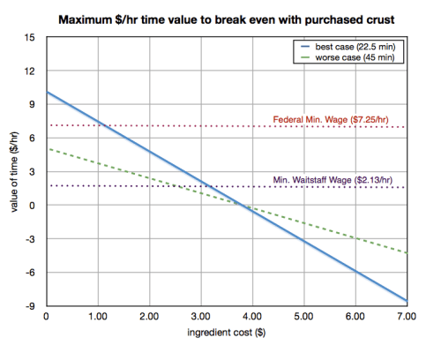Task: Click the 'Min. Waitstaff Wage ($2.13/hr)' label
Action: click(339, 180)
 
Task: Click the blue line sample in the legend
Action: click(307, 44)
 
